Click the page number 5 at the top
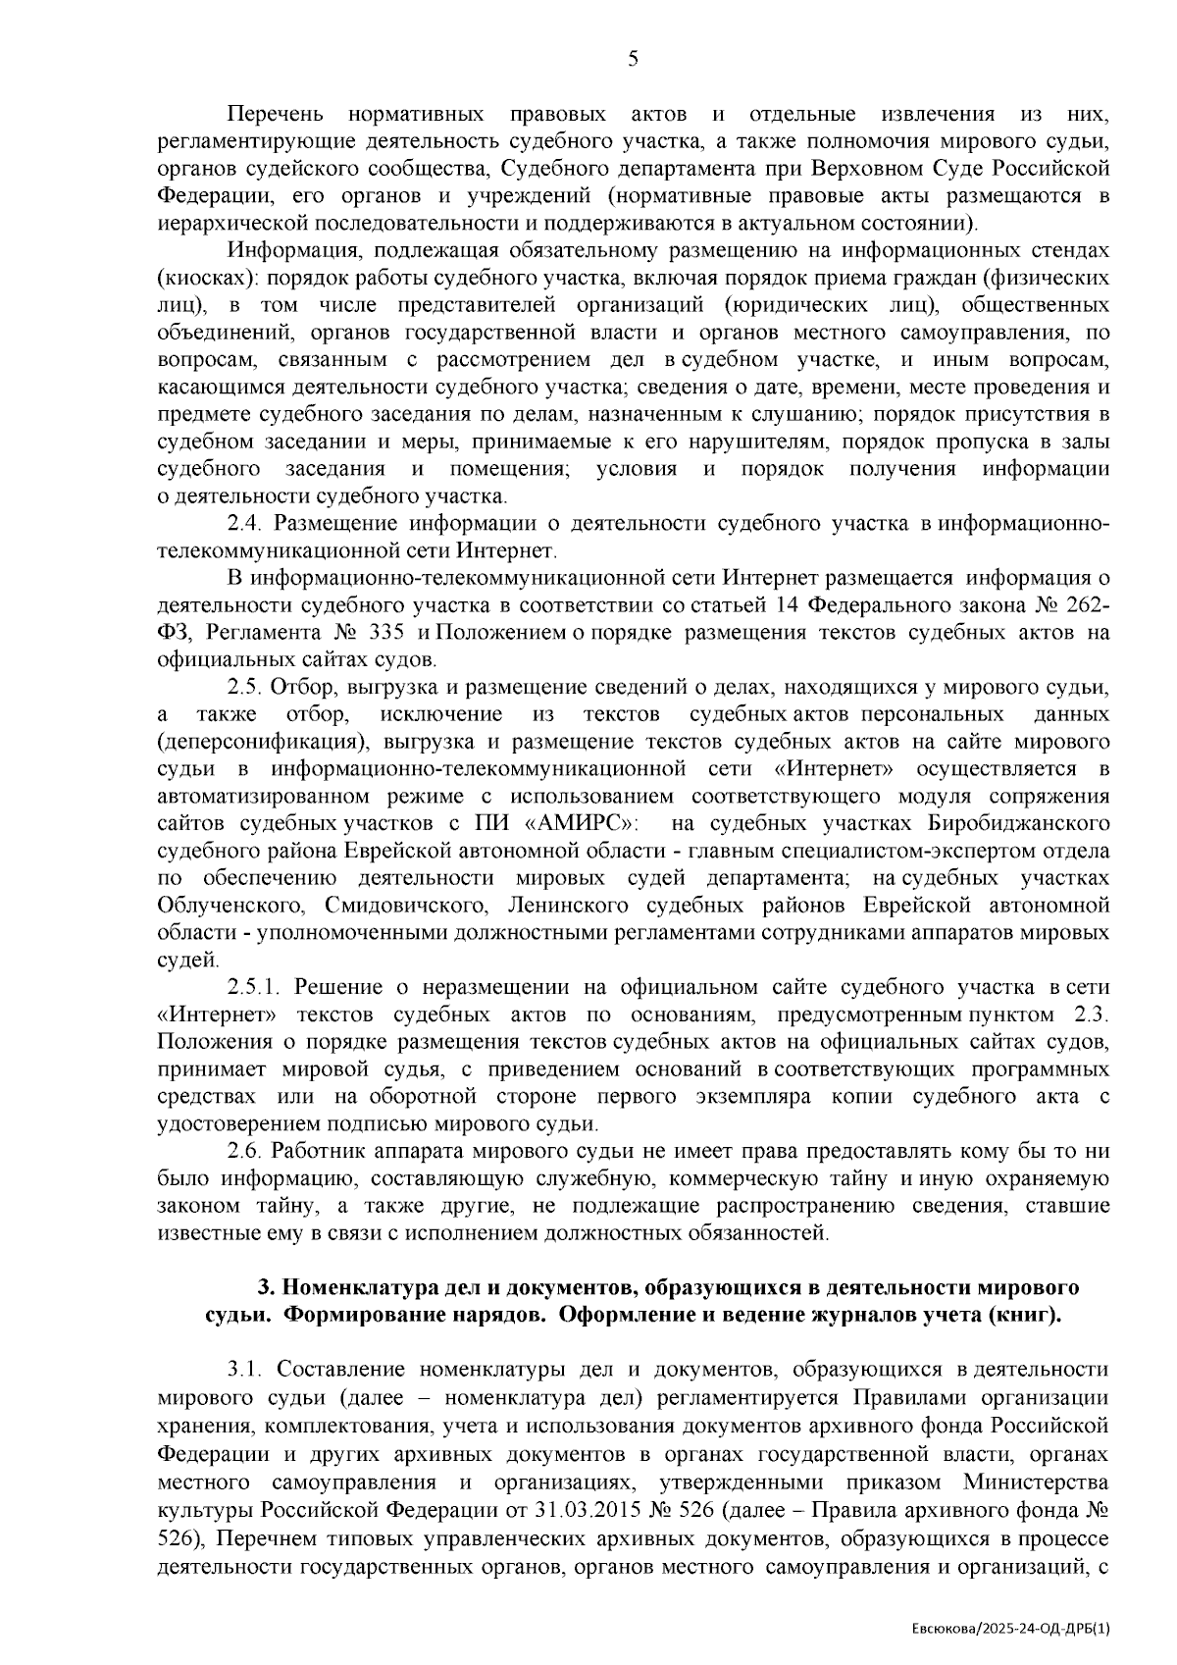[633, 59]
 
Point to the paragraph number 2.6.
[241, 1150]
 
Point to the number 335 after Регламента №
[385, 633]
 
